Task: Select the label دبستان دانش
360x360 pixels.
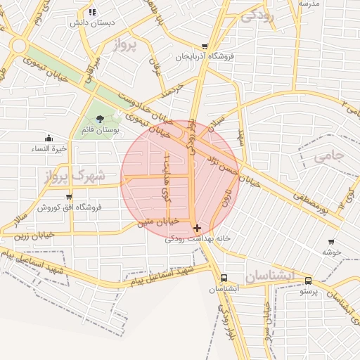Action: coord(91,22)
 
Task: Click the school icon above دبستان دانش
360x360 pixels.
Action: coord(92,12)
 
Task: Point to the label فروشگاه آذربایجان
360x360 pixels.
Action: coord(205,56)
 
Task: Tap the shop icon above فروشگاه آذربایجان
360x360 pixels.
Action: coord(205,45)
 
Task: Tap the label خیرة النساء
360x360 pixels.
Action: coord(49,148)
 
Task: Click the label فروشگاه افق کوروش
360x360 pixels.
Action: coord(70,207)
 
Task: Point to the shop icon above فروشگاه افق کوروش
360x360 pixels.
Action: coord(68,196)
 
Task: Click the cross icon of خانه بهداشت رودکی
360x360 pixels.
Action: coord(197,228)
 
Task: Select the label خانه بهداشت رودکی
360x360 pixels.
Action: coord(198,239)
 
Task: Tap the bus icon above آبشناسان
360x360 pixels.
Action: coord(224,278)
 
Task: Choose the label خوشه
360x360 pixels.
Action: coord(332,251)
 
